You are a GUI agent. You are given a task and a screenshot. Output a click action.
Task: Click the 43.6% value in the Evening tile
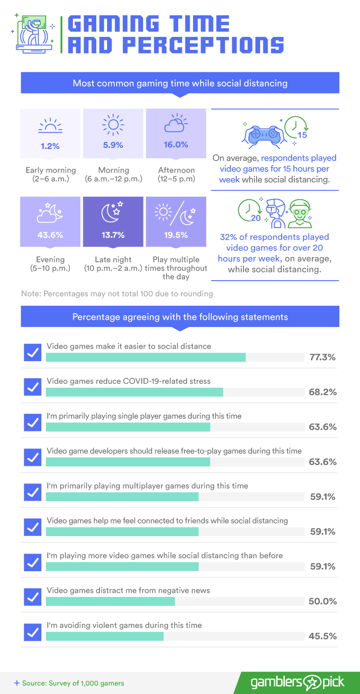pos(50,235)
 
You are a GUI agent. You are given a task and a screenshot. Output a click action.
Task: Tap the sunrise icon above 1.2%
pos(50,125)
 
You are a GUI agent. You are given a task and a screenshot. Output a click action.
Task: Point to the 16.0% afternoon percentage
pos(176,145)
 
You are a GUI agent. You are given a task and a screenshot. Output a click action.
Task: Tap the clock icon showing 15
pos(296,127)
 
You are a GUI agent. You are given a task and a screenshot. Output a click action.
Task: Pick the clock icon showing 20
pos(250,210)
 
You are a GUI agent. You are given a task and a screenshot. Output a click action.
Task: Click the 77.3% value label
pos(323,357)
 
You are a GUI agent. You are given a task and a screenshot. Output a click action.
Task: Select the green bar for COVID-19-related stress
pos(135,392)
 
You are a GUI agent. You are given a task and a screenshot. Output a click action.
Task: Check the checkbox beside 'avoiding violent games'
pos(32,632)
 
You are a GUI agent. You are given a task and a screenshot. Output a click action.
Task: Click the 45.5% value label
pos(323,636)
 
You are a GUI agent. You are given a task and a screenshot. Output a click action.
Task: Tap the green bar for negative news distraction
pos(110,601)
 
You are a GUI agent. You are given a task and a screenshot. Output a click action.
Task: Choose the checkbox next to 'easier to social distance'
pos(32,352)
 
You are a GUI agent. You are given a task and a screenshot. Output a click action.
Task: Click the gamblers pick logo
pos(297,683)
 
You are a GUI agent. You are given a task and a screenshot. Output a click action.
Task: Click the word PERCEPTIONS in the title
pos(203,45)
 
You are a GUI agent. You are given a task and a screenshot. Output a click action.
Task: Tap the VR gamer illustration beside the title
pos(33,33)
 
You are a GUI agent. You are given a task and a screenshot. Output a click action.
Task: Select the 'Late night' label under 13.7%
pos(113,260)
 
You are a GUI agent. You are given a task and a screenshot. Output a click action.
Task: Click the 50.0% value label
pos(323,601)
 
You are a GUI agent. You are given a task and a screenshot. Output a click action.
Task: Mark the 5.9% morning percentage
pos(113,145)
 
